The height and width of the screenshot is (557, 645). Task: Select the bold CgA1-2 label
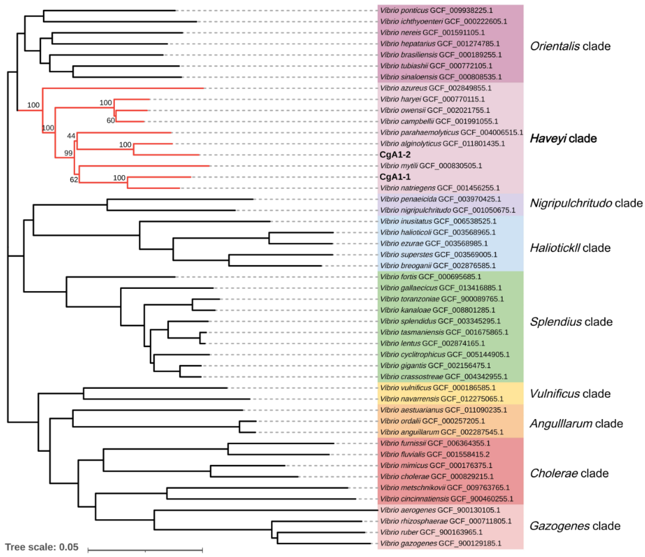coord(395,155)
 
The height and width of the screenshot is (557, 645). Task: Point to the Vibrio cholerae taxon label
coord(436,477)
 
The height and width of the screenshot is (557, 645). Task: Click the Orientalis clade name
coord(570,46)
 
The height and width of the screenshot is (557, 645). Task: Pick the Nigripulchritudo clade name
coord(586,203)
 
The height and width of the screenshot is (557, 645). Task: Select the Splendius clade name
coord(571,322)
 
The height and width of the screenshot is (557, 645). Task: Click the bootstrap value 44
coord(71,136)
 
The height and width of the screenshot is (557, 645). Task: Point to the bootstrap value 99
coord(68,153)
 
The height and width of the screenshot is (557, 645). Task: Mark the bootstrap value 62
coord(74,180)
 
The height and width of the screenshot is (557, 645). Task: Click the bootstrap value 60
coord(110,121)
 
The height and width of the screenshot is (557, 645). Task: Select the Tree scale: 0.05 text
coord(42,547)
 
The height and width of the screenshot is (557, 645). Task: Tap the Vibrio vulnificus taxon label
coord(437,388)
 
